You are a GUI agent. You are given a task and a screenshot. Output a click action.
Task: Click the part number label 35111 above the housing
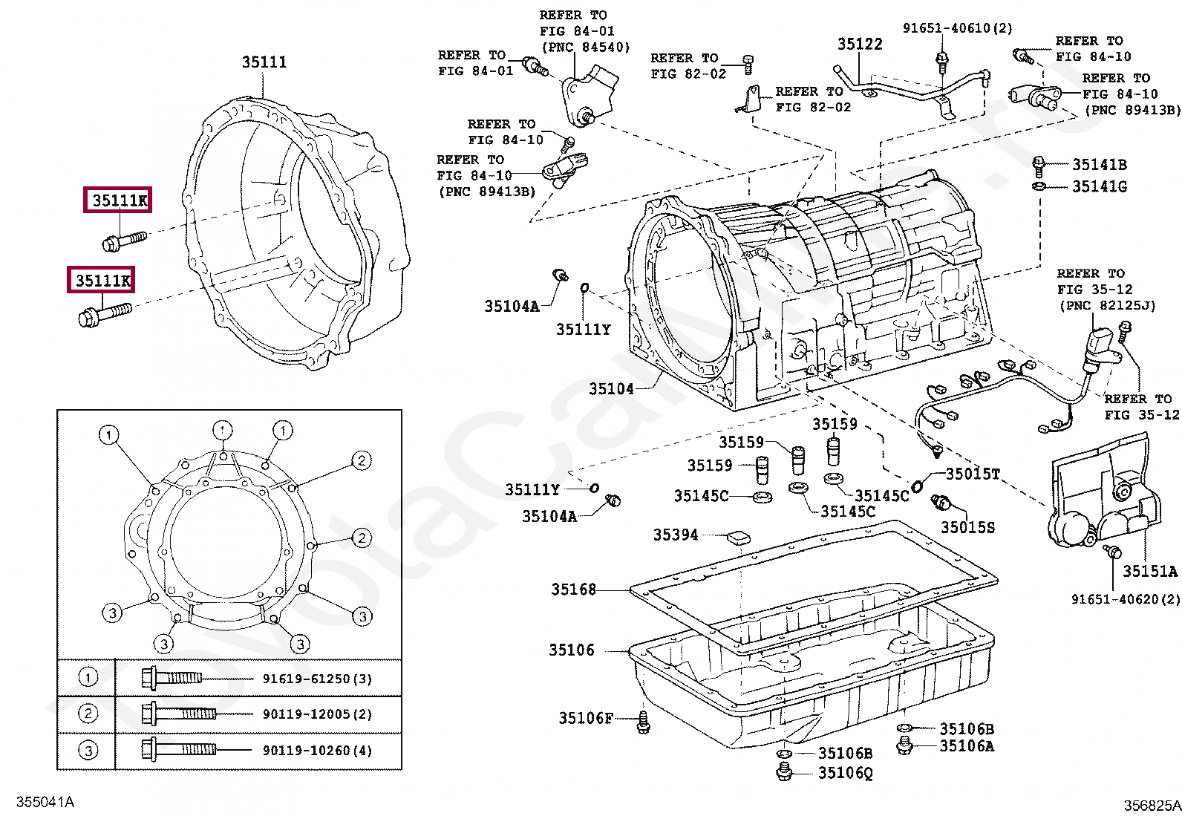coord(264,62)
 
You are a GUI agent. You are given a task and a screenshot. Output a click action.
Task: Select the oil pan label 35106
coord(571,650)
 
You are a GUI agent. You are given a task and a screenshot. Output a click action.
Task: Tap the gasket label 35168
coord(573,590)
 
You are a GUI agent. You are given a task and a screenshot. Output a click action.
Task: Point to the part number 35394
coord(675,535)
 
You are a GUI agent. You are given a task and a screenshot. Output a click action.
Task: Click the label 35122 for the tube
coord(860,45)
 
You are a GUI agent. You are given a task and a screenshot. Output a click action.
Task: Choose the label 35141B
coord(1099,165)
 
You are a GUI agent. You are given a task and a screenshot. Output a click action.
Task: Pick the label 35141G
coord(1099,186)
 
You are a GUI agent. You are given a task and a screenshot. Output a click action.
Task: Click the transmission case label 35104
coord(611,388)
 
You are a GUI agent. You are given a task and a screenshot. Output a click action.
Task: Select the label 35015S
coord(967,527)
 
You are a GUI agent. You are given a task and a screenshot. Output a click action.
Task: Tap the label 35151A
coord(1149,571)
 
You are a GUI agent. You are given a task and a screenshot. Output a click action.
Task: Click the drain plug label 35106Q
coord(845,774)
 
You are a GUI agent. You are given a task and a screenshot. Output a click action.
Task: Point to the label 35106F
coord(586,718)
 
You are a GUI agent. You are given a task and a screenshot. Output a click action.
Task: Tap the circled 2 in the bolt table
coord(88,714)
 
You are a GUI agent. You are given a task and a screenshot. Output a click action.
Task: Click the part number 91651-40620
coord(1125,599)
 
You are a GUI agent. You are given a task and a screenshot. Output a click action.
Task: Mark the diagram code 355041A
coord(45,802)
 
